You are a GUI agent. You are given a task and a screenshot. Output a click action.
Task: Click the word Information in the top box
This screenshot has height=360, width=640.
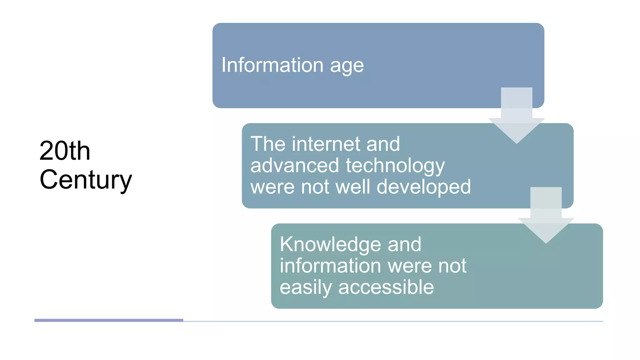(272, 65)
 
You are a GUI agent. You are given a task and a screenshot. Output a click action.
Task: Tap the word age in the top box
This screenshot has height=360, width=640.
(347, 66)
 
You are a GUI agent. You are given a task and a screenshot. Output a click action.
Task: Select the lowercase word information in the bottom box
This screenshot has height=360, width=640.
(330, 266)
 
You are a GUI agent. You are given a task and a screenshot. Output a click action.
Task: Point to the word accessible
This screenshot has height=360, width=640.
(386, 287)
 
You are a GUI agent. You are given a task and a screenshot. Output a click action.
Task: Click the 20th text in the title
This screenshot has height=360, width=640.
(65, 151)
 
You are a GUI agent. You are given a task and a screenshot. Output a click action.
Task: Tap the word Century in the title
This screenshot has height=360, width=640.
(86, 180)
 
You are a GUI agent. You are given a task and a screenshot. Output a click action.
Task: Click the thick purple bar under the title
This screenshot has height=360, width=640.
(108, 320)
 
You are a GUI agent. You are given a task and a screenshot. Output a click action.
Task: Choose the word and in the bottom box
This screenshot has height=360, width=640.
(404, 244)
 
